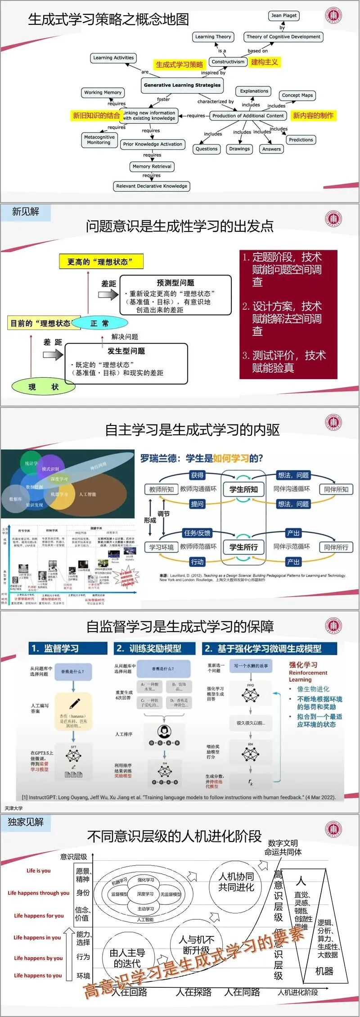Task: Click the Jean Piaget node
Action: (x=284, y=15)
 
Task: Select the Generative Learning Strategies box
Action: (x=182, y=85)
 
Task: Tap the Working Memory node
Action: (x=103, y=92)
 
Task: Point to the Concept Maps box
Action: (x=297, y=95)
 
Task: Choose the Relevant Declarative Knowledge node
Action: (x=152, y=186)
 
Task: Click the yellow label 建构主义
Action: (x=264, y=62)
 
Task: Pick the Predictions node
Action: (x=301, y=140)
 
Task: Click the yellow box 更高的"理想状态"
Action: (x=101, y=262)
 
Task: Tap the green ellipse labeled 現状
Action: (x=43, y=386)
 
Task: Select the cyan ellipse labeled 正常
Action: (x=99, y=323)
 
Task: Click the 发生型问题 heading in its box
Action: (x=126, y=351)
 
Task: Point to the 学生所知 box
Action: (x=243, y=489)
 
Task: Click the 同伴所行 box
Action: (x=336, y=547)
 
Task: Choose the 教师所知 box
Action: (x=162, y=489)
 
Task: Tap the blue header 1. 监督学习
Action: (x=68, y=648)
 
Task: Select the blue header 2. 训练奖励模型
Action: (x=154, y=648)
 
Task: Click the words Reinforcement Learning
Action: (x=308, y=676)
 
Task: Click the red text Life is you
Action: (x=39, y=870)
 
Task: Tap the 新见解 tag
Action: (x=26, y=212)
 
